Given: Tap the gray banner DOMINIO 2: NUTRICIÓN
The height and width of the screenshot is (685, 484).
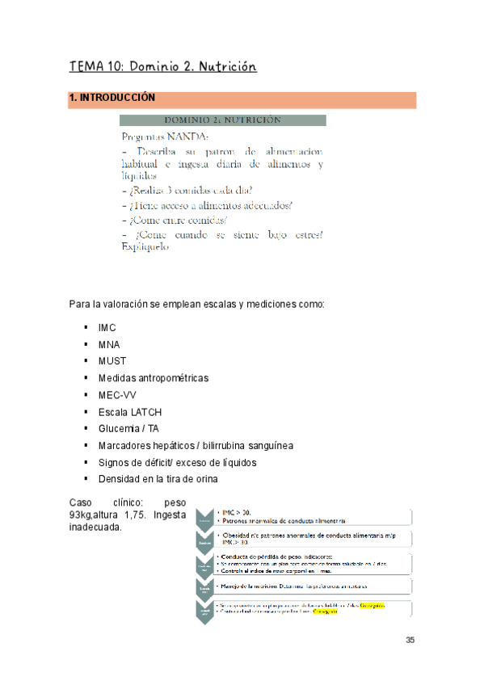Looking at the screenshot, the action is (223, 120).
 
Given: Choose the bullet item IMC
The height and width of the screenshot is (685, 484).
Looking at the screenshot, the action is (107, 329).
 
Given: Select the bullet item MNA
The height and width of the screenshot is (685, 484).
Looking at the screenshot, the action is (109, 345).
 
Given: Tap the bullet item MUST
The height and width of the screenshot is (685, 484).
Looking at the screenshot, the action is (112, 361).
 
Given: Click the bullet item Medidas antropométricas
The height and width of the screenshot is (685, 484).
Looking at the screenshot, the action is (153, 377).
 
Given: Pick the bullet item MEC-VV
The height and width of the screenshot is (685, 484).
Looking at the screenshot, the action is (117, 394).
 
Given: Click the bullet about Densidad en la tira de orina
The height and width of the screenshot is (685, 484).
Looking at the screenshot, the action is (158, 479).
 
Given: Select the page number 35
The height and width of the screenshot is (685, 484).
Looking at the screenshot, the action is (410, 640).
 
